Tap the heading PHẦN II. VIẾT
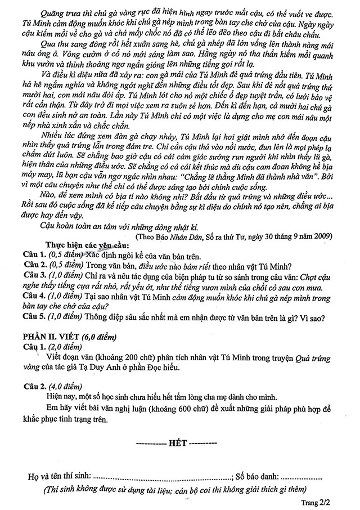pos(51,337)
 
